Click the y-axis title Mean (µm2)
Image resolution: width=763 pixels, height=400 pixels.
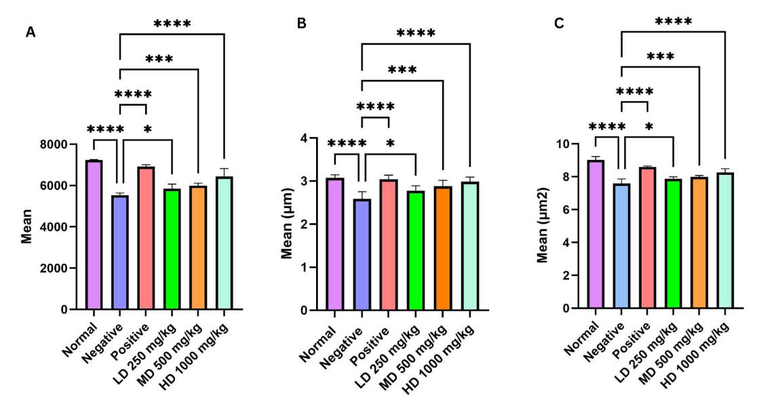pyautogui.click(x=543, y=226)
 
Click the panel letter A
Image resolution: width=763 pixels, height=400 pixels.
pyautogui.click(x=31, y=31)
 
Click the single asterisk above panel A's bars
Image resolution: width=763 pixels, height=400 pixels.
pyautogui.click(x=147, y=129)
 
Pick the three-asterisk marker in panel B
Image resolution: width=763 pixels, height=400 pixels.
pyautogui.click(x=403, y=69)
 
